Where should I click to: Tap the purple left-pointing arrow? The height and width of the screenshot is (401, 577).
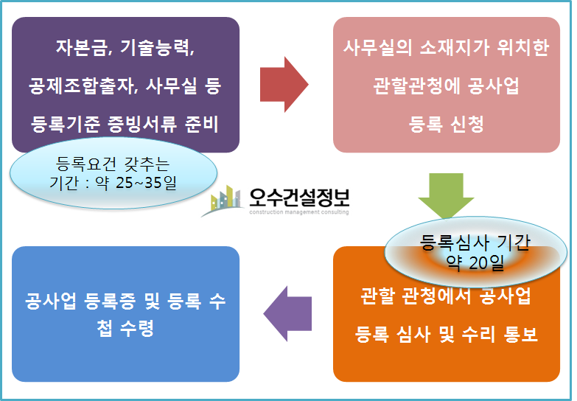pyautogui.click(x=287, y=313)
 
